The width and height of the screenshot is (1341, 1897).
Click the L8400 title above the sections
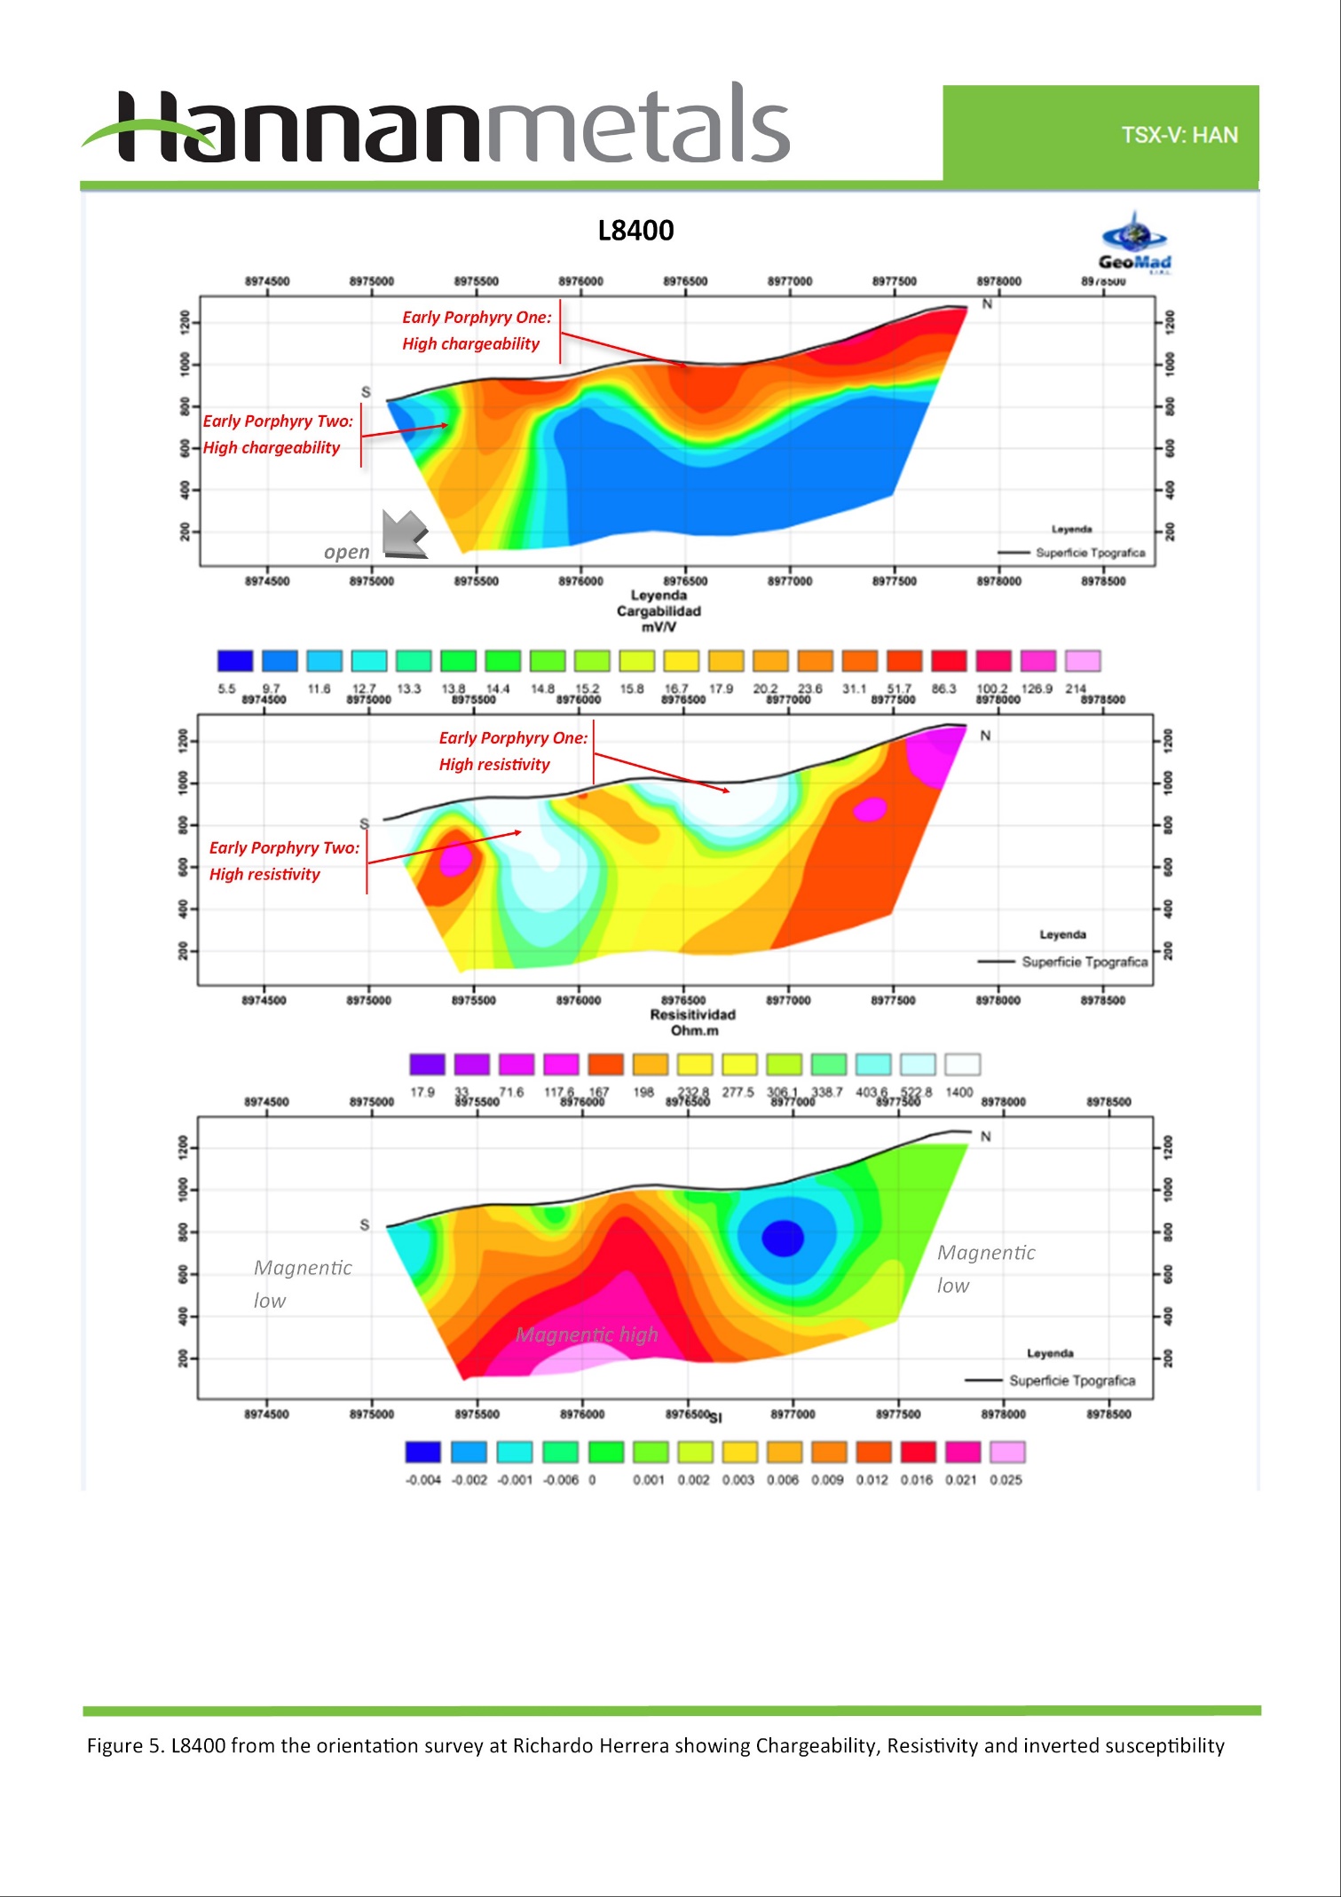[635, 231]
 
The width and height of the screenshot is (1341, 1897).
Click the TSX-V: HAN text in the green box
[1179, 135]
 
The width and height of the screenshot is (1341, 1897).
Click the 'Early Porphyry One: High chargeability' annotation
[477, 330]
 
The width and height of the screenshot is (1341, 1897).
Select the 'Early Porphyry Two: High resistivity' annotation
[284, 861]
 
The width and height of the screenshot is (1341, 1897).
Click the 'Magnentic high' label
[587, 1334]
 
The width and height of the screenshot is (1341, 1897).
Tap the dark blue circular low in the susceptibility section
[783, 1238]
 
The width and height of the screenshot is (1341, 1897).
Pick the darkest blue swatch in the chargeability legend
[235, 661]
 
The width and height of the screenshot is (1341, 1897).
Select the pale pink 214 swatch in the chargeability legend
[1083, 661]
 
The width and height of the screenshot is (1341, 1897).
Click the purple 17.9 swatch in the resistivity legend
[427, 1064]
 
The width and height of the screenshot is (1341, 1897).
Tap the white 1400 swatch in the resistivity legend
[962, 1064]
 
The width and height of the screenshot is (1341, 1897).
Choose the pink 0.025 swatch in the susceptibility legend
[1007, 1452]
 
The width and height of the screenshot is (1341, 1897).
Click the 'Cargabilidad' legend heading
[659, 611]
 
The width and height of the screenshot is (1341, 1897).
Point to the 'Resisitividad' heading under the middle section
[693, 1015]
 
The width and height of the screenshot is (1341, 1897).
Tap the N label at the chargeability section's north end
[987, 304]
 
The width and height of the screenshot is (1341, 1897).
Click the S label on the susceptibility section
[364, 1224]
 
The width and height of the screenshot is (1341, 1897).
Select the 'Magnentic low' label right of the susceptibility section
[985, 1269]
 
